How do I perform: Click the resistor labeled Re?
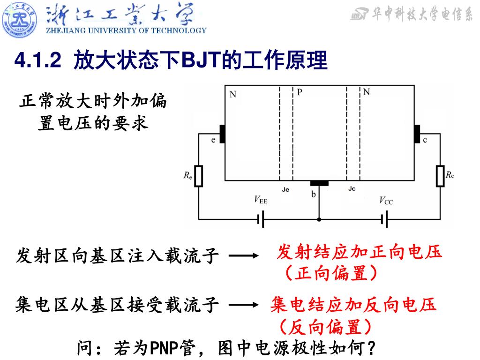click(x=199, y=176)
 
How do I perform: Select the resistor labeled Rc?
click(x=440, y=176)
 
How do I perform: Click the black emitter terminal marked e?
click(x=222, y=134)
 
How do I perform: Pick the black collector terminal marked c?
click(x=417, y=134)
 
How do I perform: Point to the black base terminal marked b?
click(x=319, y=183)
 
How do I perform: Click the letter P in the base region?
click(x=299, y=92)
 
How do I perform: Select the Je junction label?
click(x=286, y=190)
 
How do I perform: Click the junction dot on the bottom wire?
click(x=319, y=219)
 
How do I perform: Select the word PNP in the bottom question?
click(x=162, y=348)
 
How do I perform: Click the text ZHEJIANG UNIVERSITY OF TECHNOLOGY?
click(x=126, y=31)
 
